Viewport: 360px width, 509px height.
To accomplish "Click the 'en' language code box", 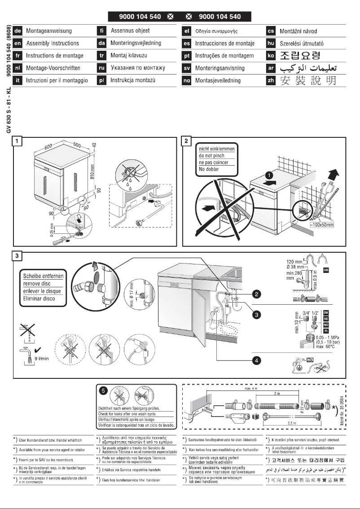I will pos(18,44).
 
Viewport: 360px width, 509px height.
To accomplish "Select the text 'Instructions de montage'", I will pos(54,56).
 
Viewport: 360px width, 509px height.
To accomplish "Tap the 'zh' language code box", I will pos(271,81).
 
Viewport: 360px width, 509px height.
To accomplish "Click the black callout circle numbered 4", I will pos(256,360).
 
